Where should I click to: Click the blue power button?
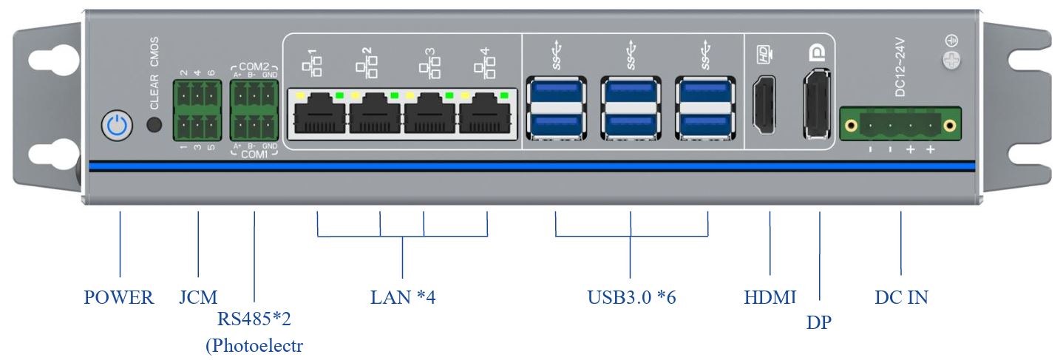point(117,126)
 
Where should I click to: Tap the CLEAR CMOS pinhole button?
point(154,125)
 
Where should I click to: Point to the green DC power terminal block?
point(900,123)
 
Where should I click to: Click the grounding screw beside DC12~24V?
point(953,59)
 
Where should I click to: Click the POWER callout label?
point(119,298)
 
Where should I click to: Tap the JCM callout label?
point(198,298)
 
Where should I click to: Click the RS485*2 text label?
point(254,319)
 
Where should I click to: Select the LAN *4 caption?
point(403,298)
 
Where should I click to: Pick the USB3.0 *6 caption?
point(631,298)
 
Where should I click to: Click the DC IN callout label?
point(901,298)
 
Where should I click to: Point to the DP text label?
point(819,323)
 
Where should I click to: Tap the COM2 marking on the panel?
point(254,65)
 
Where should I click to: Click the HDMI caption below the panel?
point(770,298)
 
